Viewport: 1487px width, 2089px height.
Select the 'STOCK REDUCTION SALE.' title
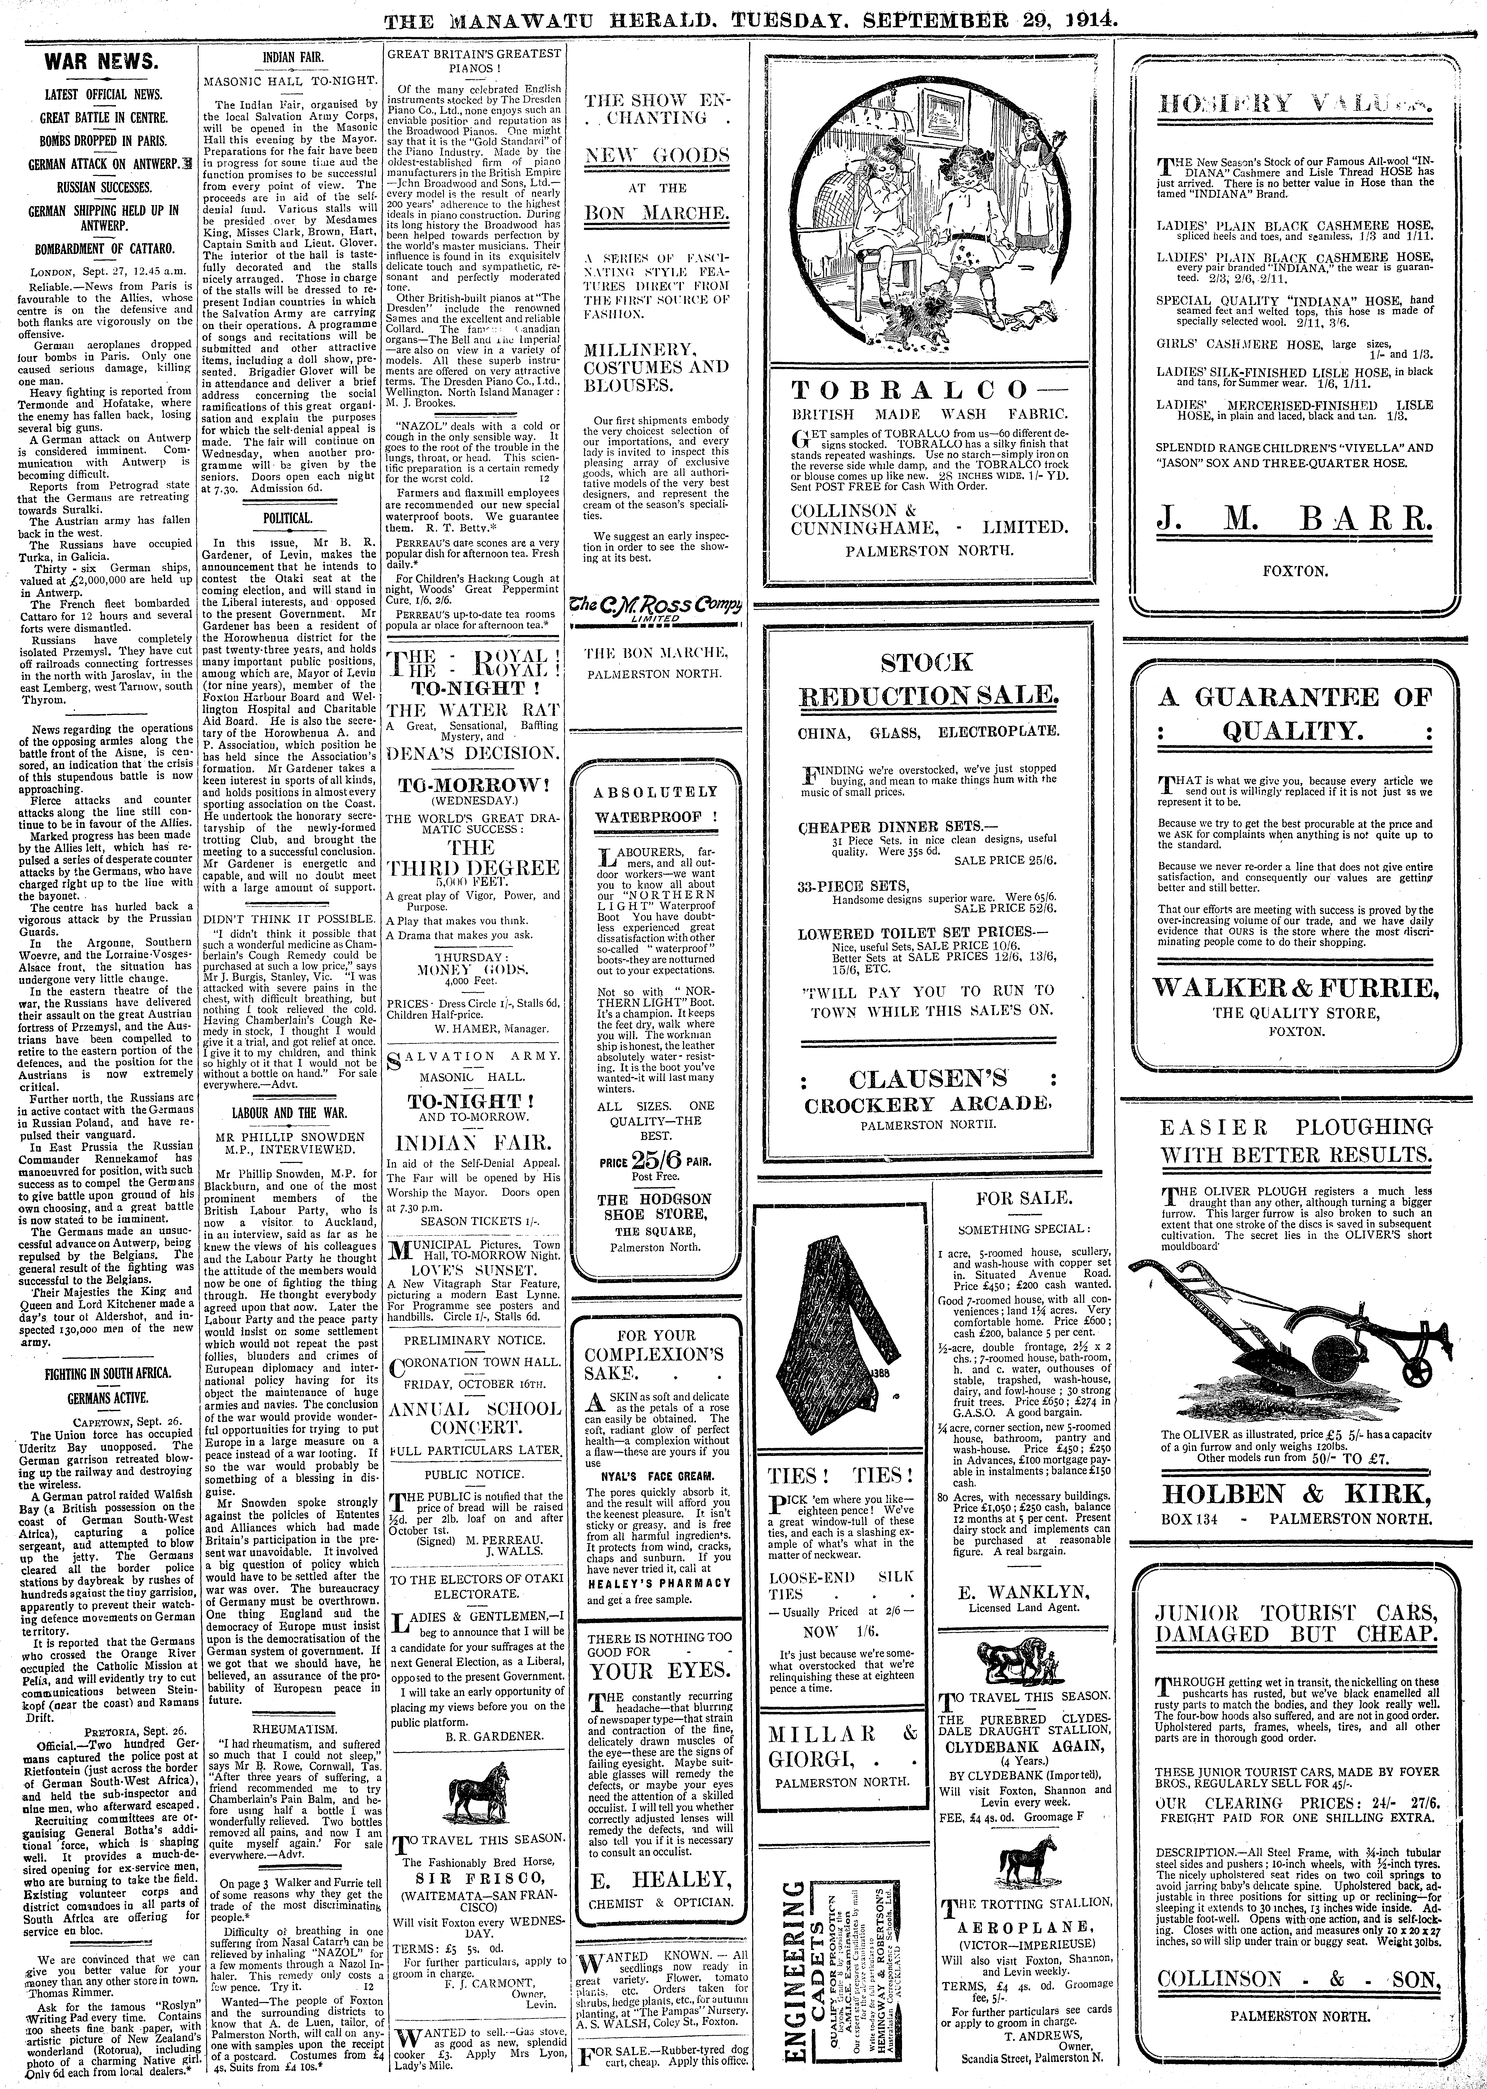(928, 680)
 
